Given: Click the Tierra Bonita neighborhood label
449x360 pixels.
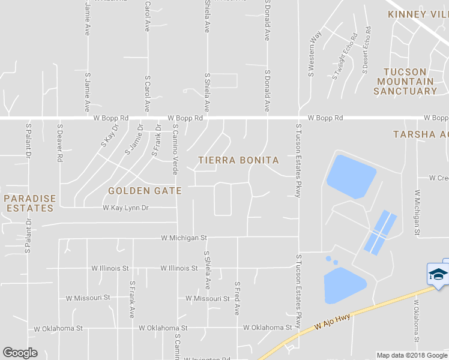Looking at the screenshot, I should [238, 160].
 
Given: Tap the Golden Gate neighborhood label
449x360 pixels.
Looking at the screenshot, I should [145, 191].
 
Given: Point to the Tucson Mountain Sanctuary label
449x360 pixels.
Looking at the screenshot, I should [405, 82].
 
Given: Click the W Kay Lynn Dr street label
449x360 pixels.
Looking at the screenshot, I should [125, 208].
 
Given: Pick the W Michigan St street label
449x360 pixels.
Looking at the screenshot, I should [184, 238].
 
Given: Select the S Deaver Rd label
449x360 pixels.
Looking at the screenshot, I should [60, 143].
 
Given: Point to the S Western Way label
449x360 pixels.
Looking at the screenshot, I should [312, 55].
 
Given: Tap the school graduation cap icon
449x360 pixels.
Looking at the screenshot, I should [438, 274].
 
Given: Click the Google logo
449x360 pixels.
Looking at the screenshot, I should [20, 353].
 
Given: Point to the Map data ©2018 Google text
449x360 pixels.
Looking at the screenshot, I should [411, 355].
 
